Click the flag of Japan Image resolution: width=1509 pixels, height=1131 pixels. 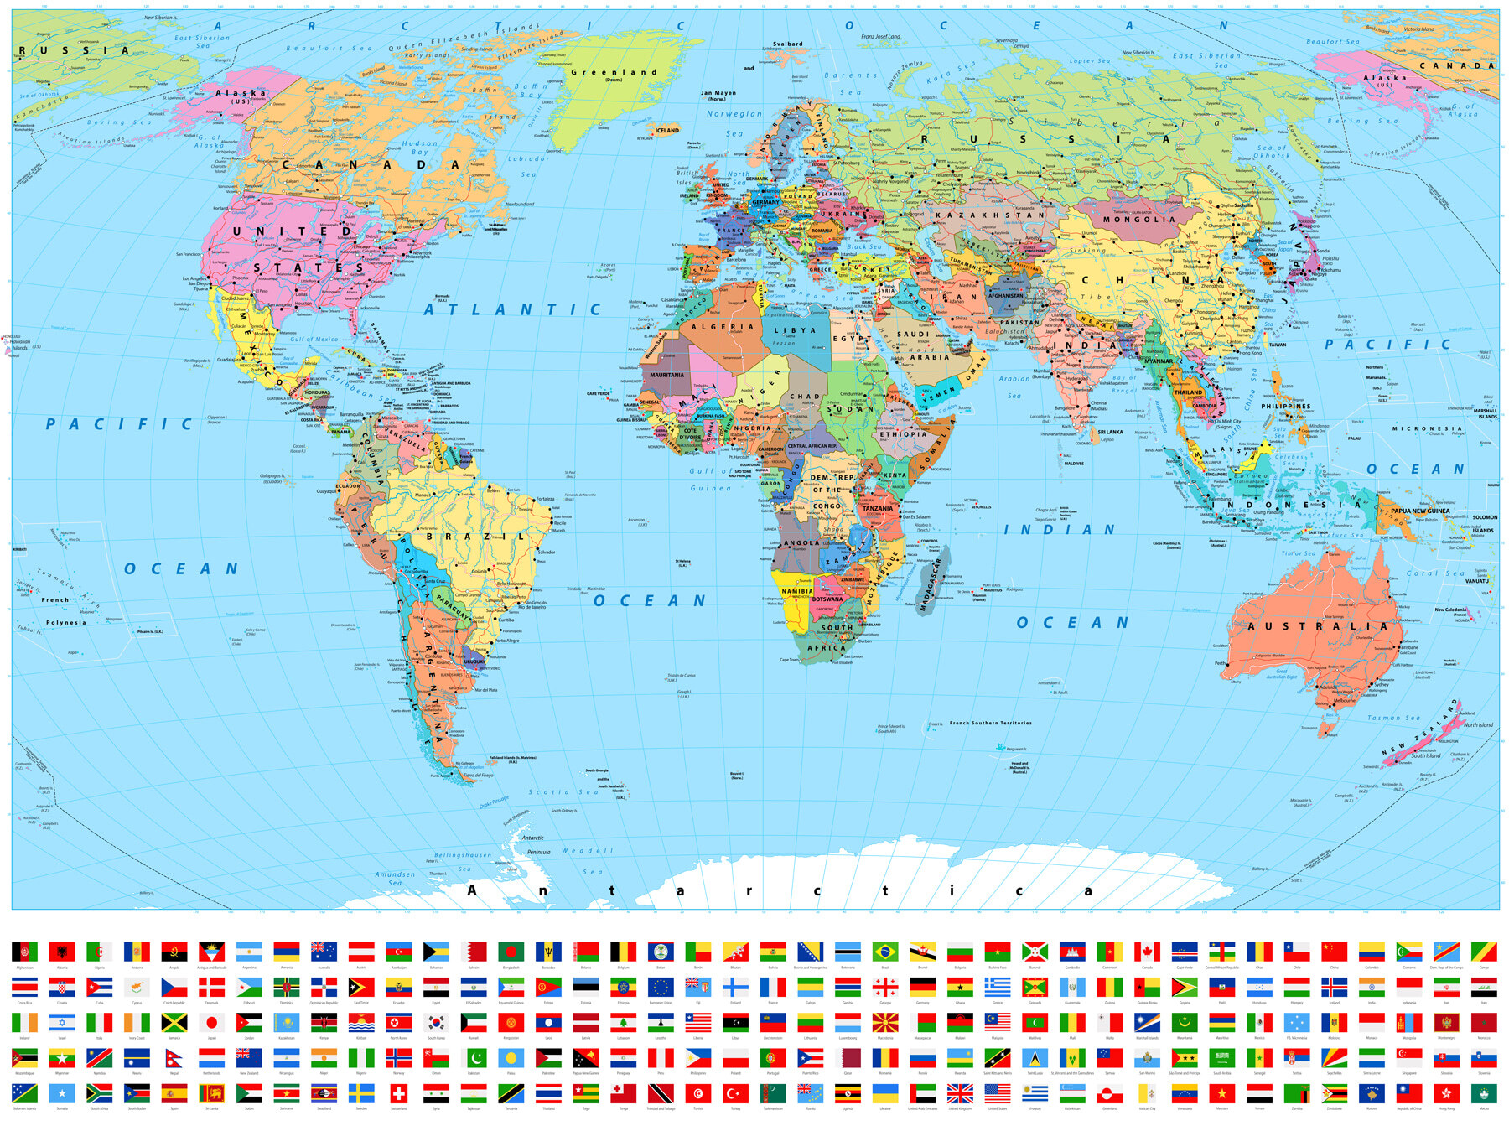point(212,1023)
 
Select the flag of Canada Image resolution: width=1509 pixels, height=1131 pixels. point(1147,952)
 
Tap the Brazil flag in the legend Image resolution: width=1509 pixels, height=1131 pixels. point(885,952)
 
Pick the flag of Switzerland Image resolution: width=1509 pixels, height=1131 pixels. point(399,1093)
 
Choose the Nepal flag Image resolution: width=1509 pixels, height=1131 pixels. point(174,1058)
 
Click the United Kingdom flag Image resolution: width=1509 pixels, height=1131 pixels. point(960,1093)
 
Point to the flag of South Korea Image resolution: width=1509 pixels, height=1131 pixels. point(436,1023)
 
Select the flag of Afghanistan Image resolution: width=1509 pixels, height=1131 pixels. point(24,952)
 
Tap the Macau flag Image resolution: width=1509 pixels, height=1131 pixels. point(1484,1093)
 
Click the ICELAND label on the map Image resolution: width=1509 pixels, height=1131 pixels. point(667,130)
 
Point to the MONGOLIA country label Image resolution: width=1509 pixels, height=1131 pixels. point(1138,220)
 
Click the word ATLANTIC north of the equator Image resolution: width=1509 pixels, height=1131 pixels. point(512,309)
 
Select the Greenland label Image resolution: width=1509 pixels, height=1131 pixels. point(614,72)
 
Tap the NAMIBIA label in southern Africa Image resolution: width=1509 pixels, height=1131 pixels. point(796,591)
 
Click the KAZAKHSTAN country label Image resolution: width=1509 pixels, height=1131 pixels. point(989,215)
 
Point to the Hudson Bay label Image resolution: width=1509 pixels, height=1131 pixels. point(419,148)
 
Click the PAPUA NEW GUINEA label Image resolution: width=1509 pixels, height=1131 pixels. point(1419,511)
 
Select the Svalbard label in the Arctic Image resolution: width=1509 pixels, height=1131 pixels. point(787,44)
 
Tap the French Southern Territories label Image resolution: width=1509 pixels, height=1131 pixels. point(990,723)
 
